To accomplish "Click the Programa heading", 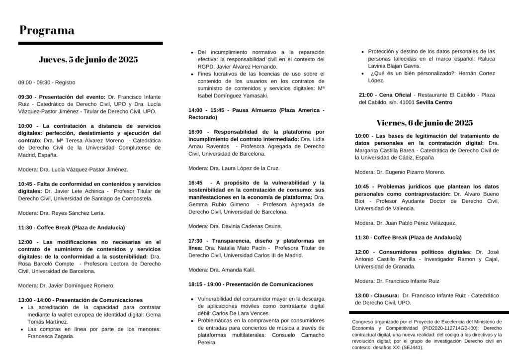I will click(x=47, y=30).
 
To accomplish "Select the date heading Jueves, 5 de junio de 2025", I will click(x=88, y=60).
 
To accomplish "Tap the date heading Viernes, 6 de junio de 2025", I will click(x=424, y=122).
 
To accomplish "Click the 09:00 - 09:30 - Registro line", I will click(x=47, y=82).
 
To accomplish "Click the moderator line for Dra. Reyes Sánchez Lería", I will click(x=61, y=213).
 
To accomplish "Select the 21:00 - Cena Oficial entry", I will click(x=385, y=95).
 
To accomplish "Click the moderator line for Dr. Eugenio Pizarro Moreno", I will click(x=400, y=172).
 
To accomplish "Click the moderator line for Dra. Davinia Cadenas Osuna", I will click(x=235, y=226).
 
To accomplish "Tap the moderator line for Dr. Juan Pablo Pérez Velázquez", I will click(x=406, y=223).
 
